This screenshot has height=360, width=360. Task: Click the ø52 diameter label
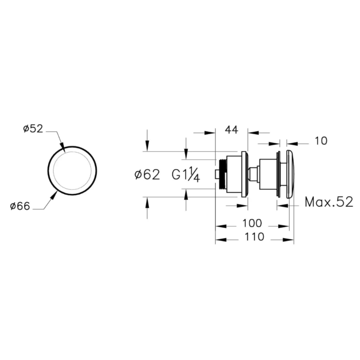[33, 129]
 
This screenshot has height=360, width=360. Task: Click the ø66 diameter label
[20, 206]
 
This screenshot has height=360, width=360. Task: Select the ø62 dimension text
[147, 175]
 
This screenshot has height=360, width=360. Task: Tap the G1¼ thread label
[186, 176]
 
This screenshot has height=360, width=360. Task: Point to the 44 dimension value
[231, 130]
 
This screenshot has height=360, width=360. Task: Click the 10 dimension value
[321, 141]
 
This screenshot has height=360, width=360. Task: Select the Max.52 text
[329, 202]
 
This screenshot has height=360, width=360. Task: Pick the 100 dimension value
[252, 223]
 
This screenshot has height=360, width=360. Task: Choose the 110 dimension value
[255, 237]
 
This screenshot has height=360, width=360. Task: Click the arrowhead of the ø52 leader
[62, 148]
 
